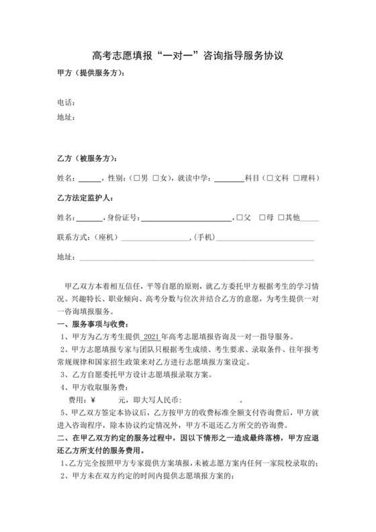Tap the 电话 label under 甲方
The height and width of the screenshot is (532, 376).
tap(66, 103)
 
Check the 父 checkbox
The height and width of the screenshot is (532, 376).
tap(238, 218)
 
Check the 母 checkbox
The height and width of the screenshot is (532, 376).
tap(261, 218)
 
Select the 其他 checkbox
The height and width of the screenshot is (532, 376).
tap(282, 218)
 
